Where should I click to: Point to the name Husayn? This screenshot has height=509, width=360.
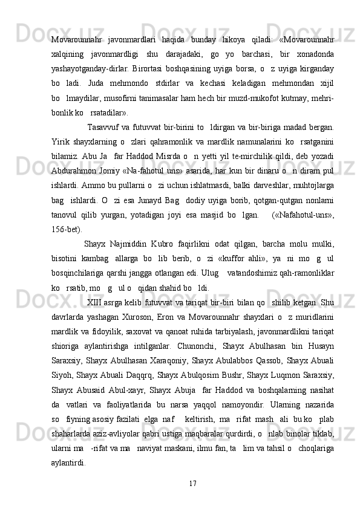[x=321, y=344]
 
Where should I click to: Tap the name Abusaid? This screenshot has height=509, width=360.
[x=93, y=387]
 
